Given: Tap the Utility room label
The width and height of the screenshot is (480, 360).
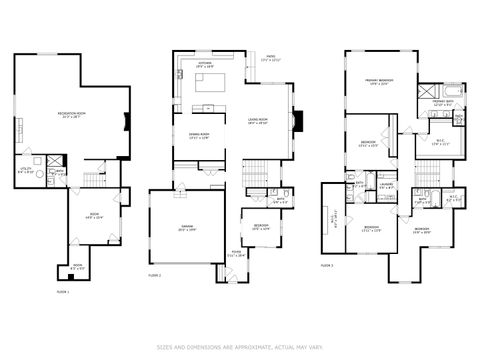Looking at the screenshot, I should pyautogui.click(x=27, y=170).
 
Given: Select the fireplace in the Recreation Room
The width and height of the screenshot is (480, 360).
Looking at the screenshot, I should pyautogui.click(x=126, y=122).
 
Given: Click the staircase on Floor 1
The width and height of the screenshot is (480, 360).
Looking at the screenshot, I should pyautogui.click(x=93, y=179).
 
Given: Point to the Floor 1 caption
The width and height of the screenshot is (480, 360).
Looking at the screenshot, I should pyautogui.click(x=62, y=292).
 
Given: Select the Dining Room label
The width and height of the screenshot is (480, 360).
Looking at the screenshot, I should pyautogui.click(x=199, y=135).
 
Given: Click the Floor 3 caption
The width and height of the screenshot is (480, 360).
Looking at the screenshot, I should pyautogui.click(x=327, y=265).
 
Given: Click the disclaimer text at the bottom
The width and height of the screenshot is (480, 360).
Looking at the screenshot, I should pyautogui.click(x=240, y=347).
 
